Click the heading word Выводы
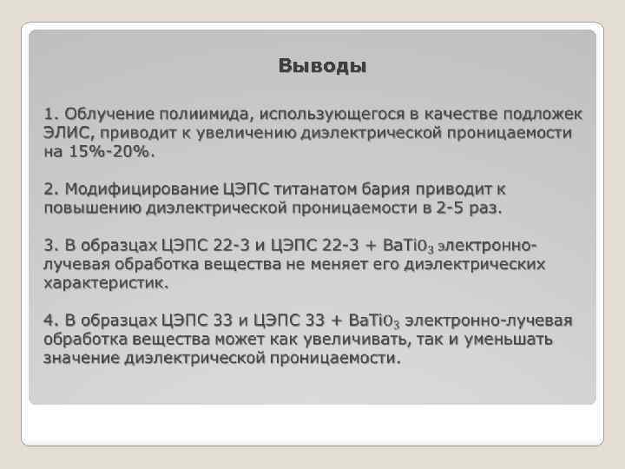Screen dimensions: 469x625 click(322, 67)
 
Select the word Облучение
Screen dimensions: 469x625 click(106, 114)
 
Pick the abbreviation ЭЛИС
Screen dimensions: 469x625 click(66, 133)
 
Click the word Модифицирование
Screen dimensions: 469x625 click(141, 189)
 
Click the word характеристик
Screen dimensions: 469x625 click(105, 283)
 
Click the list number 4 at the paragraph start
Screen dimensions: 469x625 click(49, 320)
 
